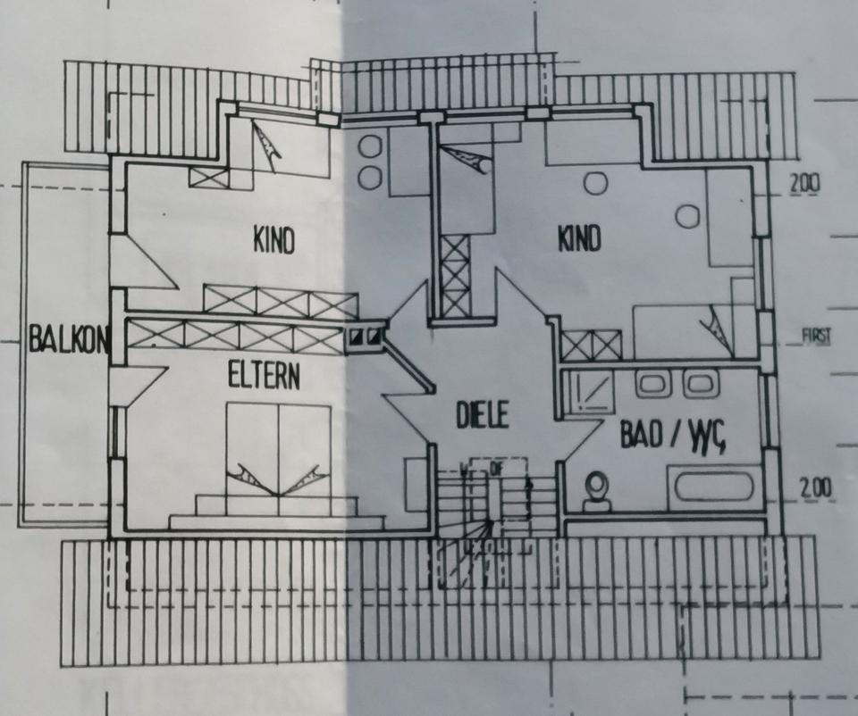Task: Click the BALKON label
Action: tap(68, 340)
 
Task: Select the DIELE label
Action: tap(482, 415)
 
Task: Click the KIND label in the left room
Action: tap(274, 241)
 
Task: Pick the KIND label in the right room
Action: tap(579, 239)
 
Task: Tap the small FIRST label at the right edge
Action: tap(816, 337)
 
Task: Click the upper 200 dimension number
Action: tap(804, 184)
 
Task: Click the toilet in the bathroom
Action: tap(595, 492)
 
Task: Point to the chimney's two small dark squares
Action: tap(366, 337)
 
